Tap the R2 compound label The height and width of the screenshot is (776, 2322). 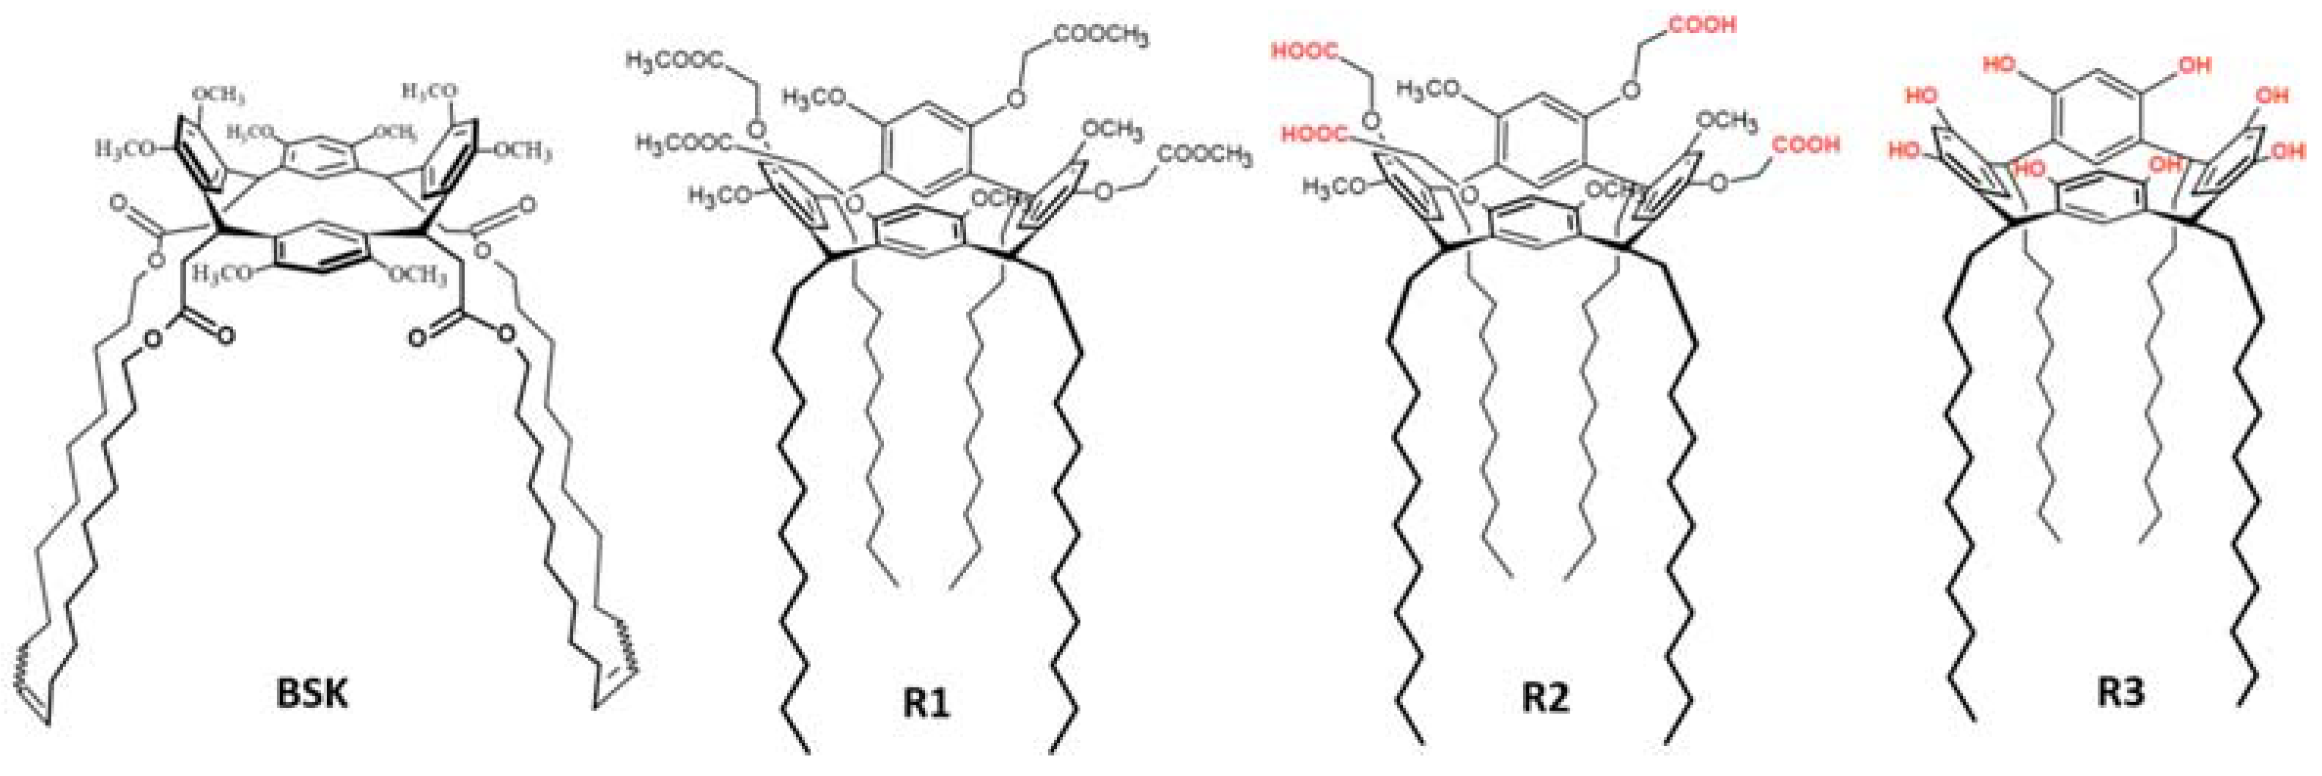coord(1545,698)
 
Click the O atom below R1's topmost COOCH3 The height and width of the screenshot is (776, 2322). coord(1014,95)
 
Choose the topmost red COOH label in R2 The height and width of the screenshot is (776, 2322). coord(1703,24)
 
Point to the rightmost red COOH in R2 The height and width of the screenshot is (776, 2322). coord(1805,144)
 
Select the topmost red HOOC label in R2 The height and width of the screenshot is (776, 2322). coord(1305,51)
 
